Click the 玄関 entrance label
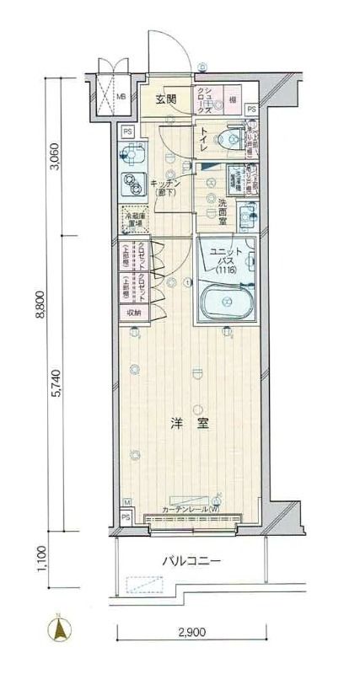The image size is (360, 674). point(165,99)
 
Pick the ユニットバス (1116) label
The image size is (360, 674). point(226,260)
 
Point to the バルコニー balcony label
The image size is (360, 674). point(191,561)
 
